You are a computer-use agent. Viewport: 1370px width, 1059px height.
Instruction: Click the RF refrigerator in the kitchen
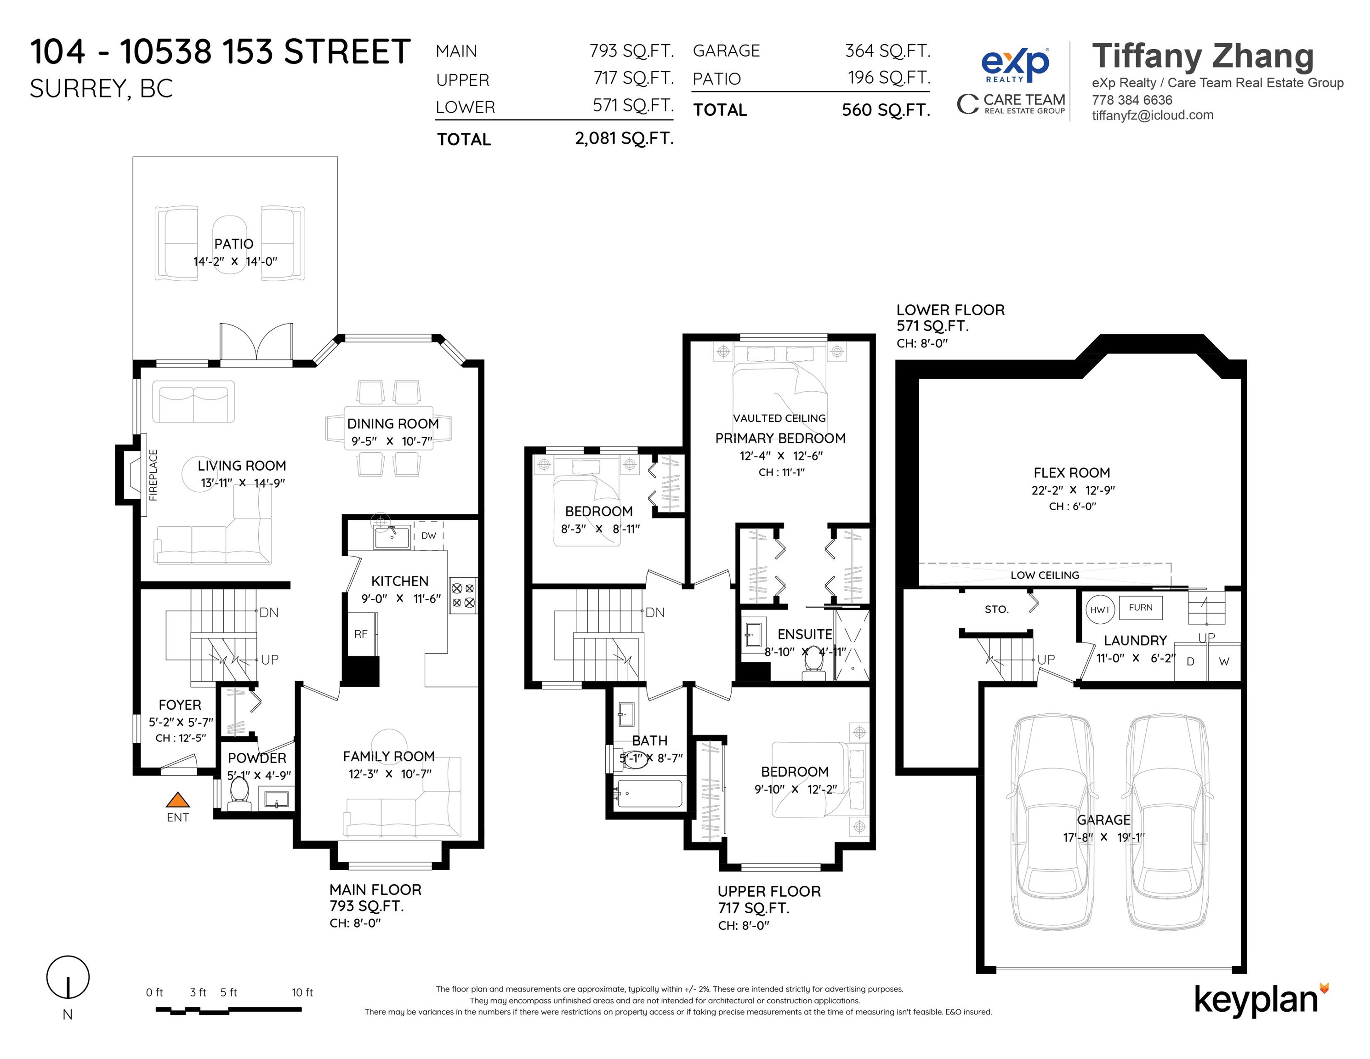[361, 634]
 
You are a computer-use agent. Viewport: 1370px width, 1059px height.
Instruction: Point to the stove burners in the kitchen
[463, 595]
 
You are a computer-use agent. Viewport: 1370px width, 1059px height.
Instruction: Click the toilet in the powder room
[239, 792]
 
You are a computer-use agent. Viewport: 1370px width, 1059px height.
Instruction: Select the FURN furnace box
[1140, 607]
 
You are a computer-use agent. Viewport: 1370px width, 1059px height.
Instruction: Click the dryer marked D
[1190, 662]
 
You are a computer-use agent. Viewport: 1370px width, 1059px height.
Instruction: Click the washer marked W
[1224, 662]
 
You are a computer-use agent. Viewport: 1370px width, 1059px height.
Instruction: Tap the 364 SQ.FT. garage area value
[887, 50]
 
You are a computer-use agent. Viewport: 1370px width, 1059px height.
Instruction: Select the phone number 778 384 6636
[1131, 100]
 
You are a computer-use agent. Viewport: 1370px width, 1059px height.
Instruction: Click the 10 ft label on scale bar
[302, 992]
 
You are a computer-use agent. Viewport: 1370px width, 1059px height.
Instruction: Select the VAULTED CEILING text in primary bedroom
[779, 418]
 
